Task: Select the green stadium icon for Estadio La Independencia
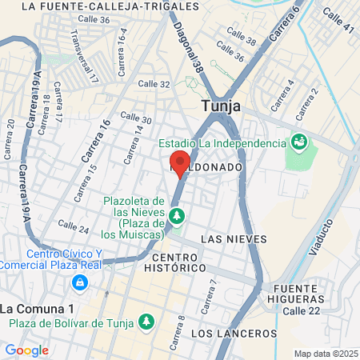click(x=300, y=142)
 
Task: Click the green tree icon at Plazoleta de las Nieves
click(x=177, y=214)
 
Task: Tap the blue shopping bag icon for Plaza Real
click(x=79, y=282)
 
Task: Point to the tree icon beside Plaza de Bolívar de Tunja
click(x=146, y=322)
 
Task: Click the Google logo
click(x=26, y=350)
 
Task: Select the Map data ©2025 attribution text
click(x=324, y=354)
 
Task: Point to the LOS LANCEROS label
click(x=234, y=333)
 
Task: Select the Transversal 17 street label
click(x=82, y=58)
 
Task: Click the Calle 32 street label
click(x=154, y=84)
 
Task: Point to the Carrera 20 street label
click(x=10, y=139)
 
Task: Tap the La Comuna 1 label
click(x=37, y=308)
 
